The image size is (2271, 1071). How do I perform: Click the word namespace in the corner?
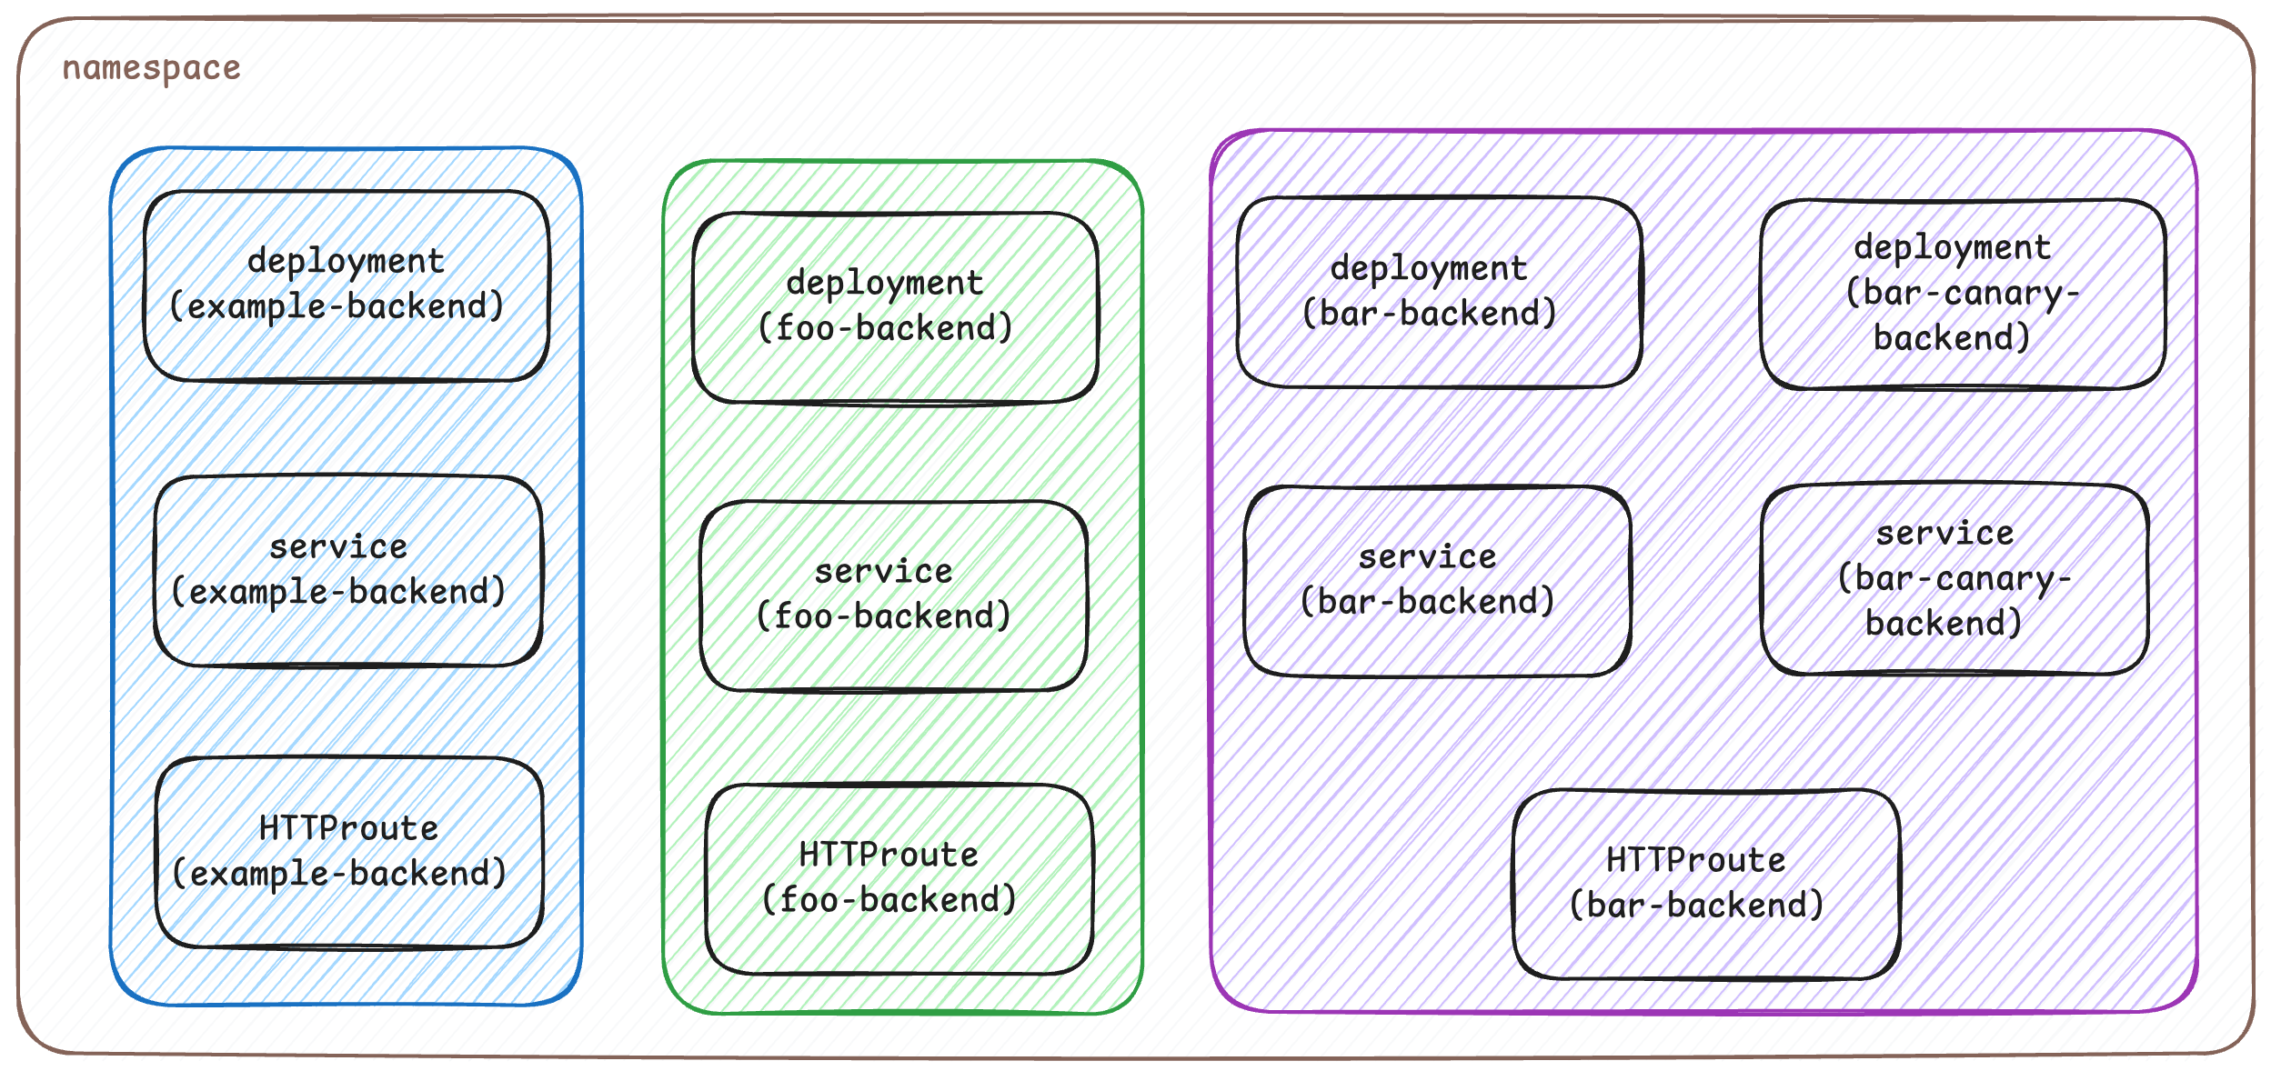(x=151, y=68)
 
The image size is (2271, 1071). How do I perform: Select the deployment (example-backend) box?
(x=346, y=285)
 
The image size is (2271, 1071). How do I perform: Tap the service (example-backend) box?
(x=347, y=571)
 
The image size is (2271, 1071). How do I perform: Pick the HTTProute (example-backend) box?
(x=349, y=853)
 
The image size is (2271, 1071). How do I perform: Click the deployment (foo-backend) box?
(x=894, y=307)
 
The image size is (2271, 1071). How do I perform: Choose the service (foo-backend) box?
(x=892, y=596)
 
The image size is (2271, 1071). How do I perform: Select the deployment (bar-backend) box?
(x=1438, y=292)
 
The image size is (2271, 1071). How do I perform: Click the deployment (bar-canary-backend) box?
(x=1962, y=294)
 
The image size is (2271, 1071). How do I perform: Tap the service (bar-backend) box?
(x=1436, y=581)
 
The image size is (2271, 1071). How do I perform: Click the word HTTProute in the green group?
(x=889, y=855)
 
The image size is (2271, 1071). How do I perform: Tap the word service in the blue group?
(x=338, y=546)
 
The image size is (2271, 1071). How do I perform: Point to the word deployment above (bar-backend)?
(x=1428, y=268)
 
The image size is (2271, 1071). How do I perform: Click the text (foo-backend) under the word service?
(x=884, y=616)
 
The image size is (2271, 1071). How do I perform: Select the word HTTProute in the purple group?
(x=1695, y=860)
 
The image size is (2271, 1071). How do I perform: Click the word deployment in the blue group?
(x=346, y=261)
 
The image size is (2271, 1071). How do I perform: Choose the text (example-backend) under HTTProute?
(x=339, y=874)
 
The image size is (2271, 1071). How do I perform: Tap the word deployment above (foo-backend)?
(x=885, y=283)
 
